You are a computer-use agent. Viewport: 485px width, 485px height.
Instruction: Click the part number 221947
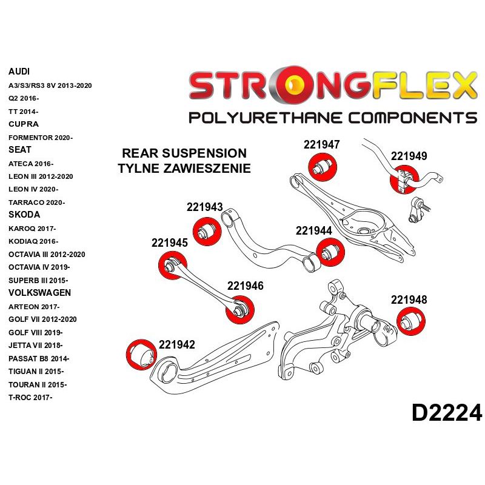point(321,145)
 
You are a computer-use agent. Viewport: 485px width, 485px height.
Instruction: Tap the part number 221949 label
point(409,156)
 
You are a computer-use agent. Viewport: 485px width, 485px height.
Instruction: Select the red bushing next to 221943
point(207,230)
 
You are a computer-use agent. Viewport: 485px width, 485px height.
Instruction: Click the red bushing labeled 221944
point(331,252)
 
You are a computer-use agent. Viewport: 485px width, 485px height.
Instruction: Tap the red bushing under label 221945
point(172,265)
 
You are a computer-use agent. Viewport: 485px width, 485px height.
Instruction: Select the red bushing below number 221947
point(323,167)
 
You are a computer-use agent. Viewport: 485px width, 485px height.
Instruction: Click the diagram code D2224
point(447,413)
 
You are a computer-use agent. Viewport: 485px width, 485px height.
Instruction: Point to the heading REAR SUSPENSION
point(184,153)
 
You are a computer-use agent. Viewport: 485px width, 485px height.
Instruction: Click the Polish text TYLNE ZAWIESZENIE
point(184,169)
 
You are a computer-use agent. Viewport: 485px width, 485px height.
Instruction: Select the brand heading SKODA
point(24,215)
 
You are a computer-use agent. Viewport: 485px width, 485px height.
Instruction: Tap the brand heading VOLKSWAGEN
point(39,293)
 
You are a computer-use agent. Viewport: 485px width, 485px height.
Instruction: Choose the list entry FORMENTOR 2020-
point(40,138)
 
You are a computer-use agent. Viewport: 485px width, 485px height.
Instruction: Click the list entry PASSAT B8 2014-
point(39,358)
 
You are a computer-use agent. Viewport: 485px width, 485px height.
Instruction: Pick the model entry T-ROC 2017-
point(30,398)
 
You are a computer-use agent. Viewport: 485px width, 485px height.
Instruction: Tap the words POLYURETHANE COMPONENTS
point(332,117)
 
